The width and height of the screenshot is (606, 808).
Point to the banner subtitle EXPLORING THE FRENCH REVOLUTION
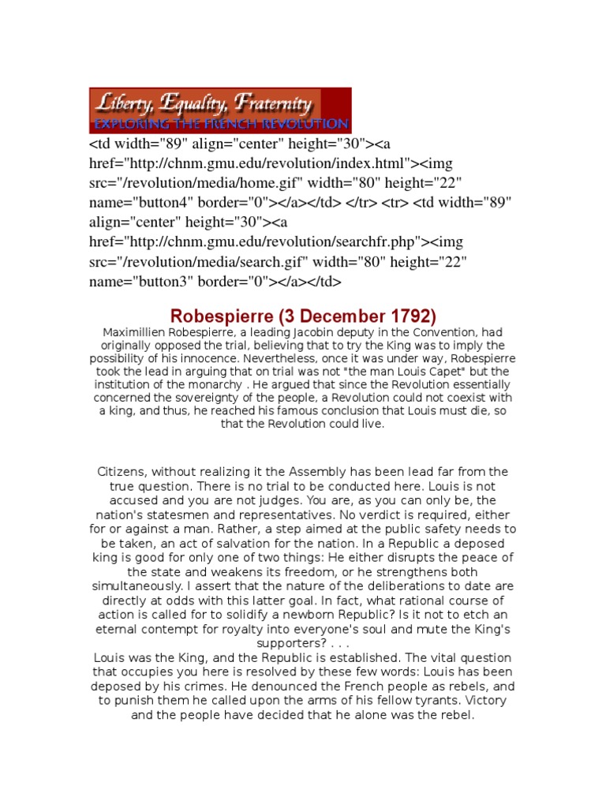point(220,124)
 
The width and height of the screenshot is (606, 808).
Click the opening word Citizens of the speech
point(124,472)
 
